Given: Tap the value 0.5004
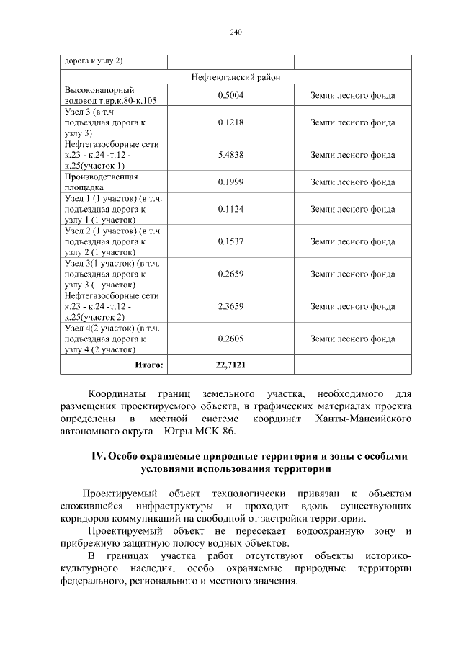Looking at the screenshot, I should point(230,94).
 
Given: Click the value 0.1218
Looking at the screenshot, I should point(230,122).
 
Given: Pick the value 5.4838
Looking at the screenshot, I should point(230,155).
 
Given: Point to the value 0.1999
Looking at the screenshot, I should point(230,182).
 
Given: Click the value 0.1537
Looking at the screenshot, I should point(230,242).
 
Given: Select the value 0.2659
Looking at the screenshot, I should point(230,274).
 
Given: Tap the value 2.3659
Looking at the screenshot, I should point(230,306).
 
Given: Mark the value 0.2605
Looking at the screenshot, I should point(230,339).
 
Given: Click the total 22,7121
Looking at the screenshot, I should point(230,365).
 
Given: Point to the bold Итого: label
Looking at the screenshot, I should point(149,365).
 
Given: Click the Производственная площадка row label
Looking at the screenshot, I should point(101,182).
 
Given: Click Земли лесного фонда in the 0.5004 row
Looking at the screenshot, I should point(352,94).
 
